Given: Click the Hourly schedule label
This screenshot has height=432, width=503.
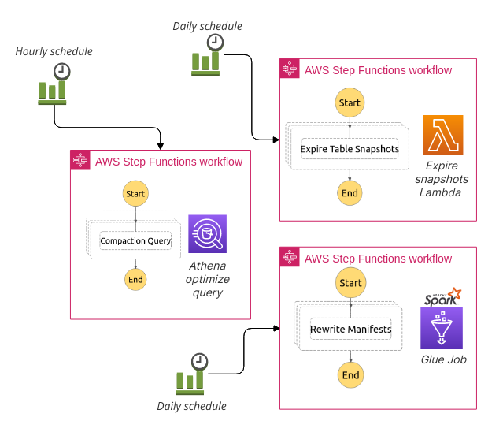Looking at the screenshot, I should (54, 52).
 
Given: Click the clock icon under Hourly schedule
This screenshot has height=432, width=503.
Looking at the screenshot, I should (61, 72).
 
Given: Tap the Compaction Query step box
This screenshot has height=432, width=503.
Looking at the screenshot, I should (135, 240).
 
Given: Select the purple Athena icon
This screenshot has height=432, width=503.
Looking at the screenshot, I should (207, 234).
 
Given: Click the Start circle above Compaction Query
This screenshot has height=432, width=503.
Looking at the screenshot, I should (135, 193).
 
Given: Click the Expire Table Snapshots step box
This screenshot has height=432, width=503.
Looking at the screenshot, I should (350, 149).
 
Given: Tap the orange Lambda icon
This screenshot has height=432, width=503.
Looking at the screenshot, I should (442, 136).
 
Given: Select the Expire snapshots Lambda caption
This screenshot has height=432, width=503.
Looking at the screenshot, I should (442, 179).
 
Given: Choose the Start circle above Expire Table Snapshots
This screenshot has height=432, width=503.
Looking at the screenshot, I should (349, 102).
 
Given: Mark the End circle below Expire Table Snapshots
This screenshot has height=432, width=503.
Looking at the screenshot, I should (349, 193).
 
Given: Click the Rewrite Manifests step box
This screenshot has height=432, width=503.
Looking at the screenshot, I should (350, 329).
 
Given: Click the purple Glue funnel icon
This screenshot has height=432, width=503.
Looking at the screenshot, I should (442, 328).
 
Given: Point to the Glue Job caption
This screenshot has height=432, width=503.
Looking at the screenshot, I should (442, 359).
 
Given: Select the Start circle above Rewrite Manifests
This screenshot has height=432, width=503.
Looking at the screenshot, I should (350, 283).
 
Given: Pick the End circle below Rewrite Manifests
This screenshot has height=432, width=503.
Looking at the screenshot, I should (350, 374).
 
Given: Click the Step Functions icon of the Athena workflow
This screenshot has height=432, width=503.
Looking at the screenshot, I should (80, 161).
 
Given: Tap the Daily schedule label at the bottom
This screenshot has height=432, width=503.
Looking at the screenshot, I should (191, 406).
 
